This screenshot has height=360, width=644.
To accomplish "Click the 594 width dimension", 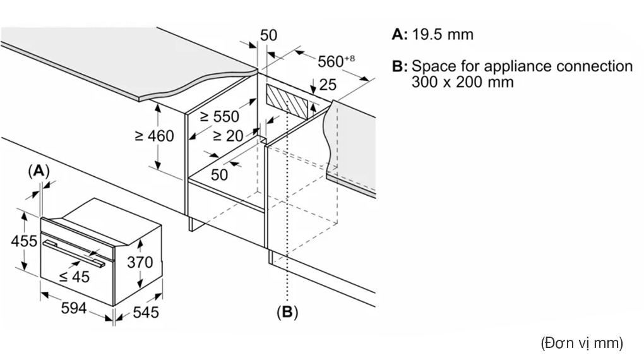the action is coord(74,308).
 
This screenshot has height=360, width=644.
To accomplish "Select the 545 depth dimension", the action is coord(146,313).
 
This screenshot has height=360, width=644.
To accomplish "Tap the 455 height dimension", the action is coord(24,241).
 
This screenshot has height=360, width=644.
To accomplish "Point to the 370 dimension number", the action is coord(140,262).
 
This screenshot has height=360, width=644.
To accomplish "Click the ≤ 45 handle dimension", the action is coord(75,277).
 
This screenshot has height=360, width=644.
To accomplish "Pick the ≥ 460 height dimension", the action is coord(155,136).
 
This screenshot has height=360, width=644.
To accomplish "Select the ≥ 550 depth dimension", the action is coord(219,117).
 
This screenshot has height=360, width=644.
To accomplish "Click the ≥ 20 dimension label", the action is coord(229,136).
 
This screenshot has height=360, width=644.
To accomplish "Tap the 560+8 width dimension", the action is coord(336,61).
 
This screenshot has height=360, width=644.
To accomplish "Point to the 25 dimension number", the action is coord(328,85).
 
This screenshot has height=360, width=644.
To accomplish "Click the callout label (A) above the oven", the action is coord(39,171).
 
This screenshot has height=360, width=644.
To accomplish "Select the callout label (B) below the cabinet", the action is coord(287,312).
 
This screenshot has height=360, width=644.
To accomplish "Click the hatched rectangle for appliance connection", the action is coord(287,101).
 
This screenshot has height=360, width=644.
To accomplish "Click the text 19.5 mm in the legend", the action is coord(443,34).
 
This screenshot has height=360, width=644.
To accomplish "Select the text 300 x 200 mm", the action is coord(462,81).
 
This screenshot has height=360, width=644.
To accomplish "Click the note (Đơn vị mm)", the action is coord(582,343).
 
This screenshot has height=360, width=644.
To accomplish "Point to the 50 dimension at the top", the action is coord(268,35).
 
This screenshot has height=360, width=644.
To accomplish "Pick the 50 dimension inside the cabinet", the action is coord(219,175).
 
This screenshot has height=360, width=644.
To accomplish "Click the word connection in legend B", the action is coord(594,66).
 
